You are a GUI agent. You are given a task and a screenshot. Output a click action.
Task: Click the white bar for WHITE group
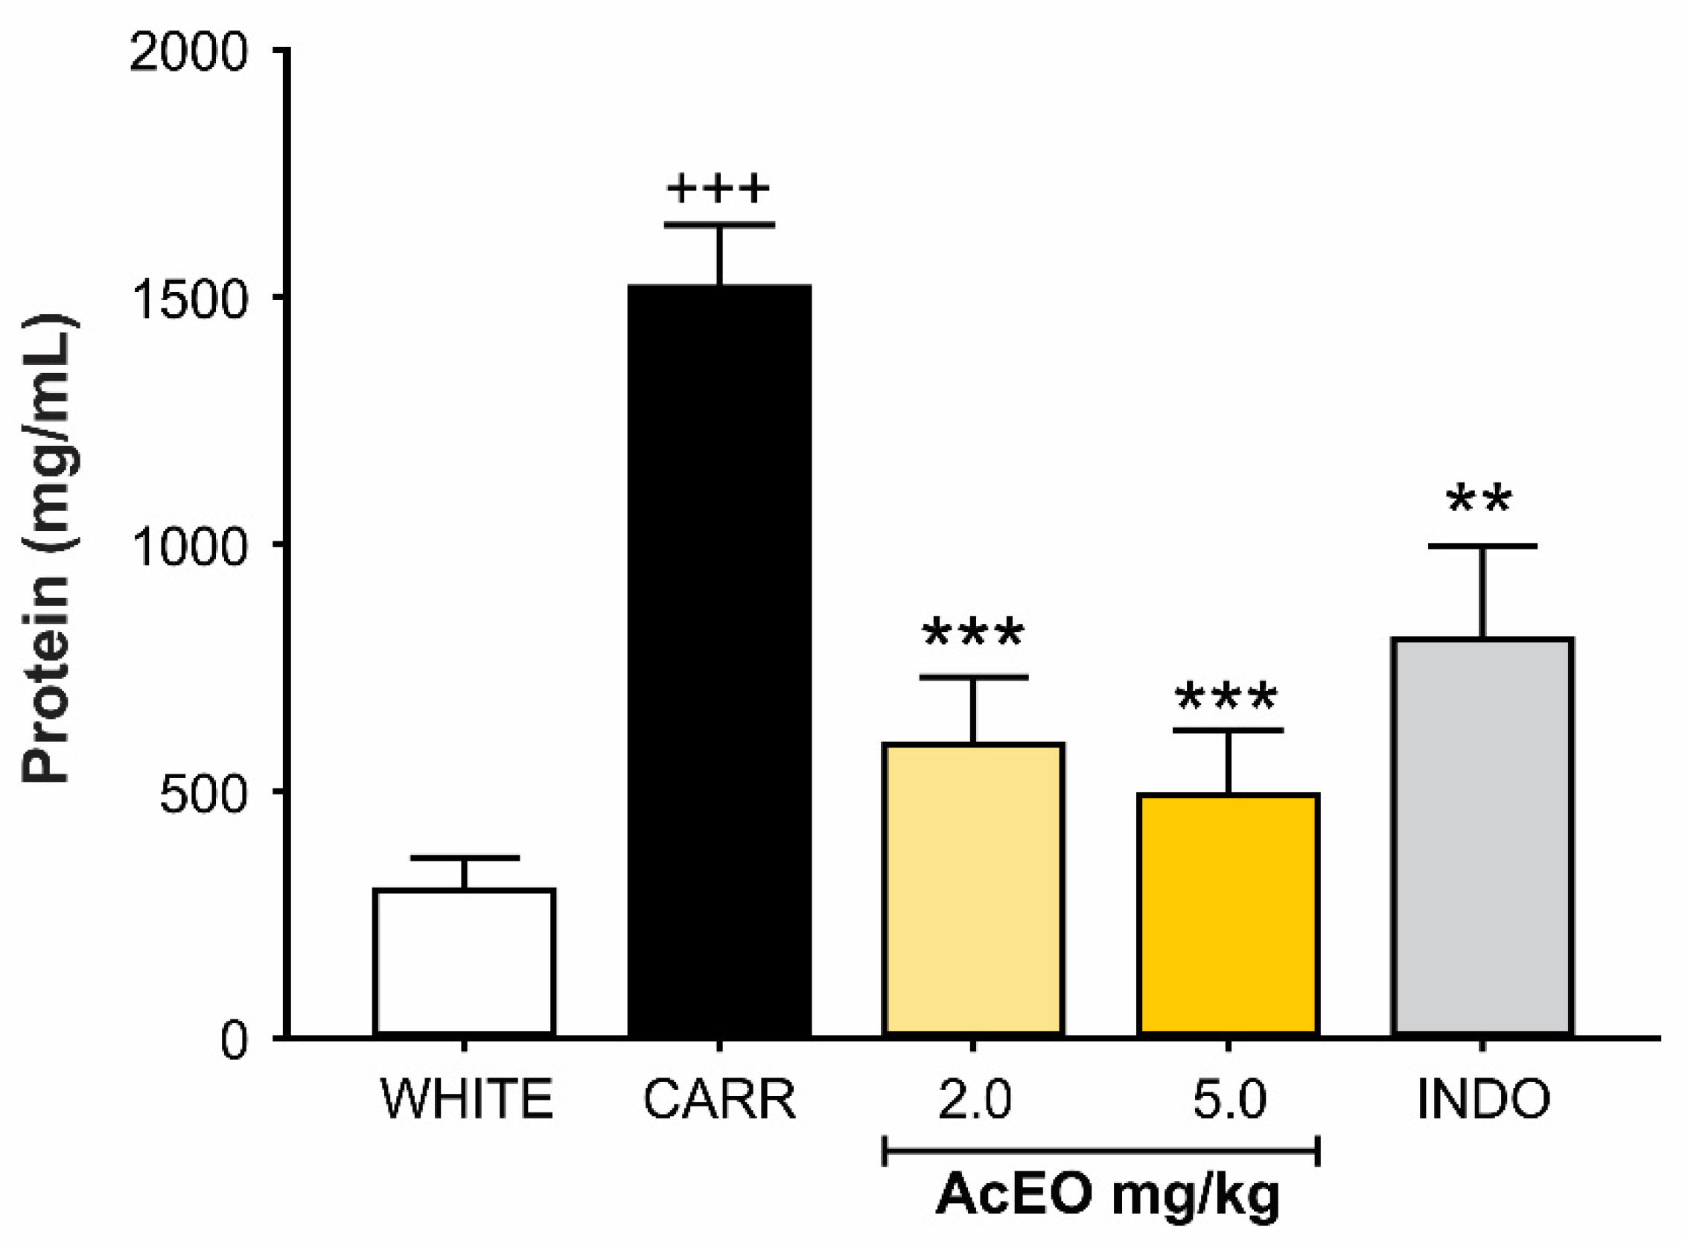click(x=465, y=962)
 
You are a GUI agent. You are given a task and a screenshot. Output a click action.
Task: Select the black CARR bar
click(x=720, y=660)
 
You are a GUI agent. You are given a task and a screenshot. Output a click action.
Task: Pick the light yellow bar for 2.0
click(x=974, y=889)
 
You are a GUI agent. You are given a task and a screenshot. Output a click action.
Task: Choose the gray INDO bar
click(x=1482, y=836)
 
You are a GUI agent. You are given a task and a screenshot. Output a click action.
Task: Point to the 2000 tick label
click(x=188, y=54)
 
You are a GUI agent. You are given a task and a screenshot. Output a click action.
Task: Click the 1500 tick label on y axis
click(x=188, y=299)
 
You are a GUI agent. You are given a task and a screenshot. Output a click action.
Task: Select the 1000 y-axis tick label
click(x=188, y=547)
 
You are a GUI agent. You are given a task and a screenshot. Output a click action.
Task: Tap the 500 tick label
click(x=203, y=794)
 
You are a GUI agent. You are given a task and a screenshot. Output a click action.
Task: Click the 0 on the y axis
click(x=235, y=1041)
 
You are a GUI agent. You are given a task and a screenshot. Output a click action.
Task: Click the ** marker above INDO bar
click(x=1479, y=499)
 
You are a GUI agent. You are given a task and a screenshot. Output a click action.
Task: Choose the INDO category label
click(x=1483, y=1100)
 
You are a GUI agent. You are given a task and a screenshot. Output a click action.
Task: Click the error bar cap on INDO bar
click(x=1482, y=546)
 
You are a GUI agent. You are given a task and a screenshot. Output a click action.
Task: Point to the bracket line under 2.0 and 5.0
click(x=1100, y=1151)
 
